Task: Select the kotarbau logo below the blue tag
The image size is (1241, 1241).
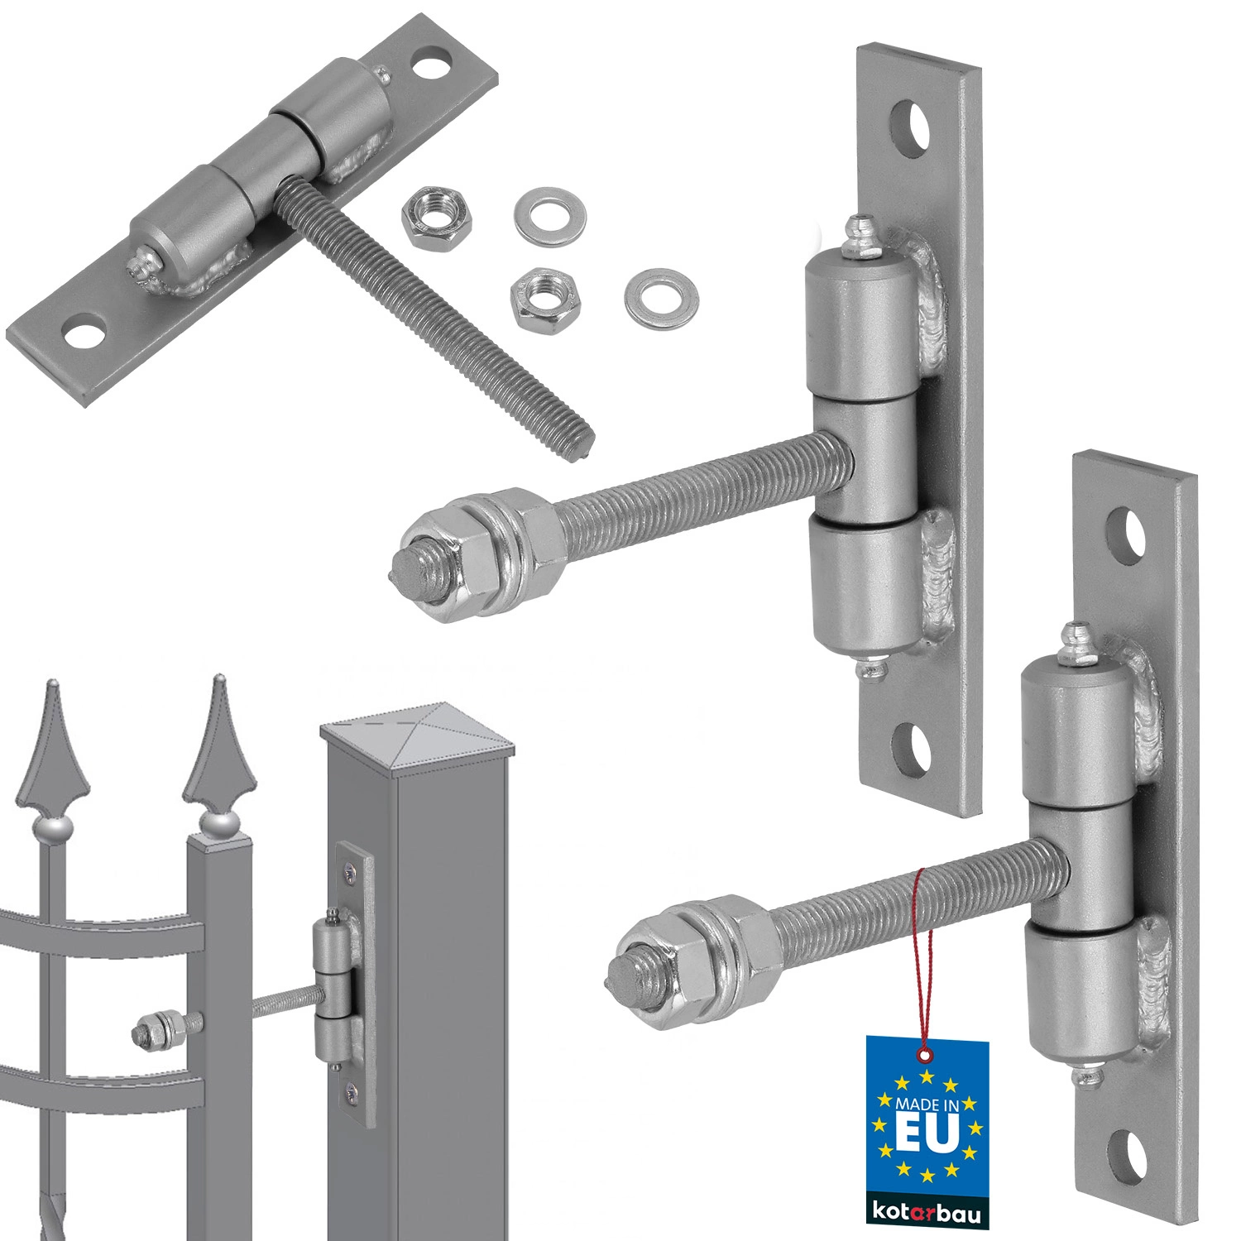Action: tap(927, 1213)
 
